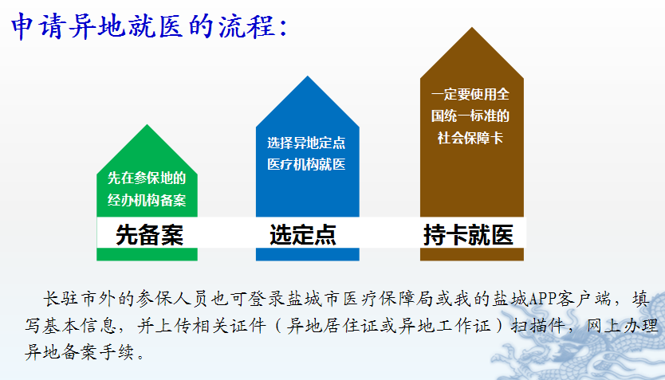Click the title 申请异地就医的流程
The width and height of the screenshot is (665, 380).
click(x=149, y=26)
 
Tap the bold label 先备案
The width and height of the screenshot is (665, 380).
click(x=149, y=234)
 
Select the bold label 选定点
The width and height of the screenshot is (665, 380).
click(x=303, y=234)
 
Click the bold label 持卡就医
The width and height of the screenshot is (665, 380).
click(x=468, y=234)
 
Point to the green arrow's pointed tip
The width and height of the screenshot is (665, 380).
click(x=148, y=124)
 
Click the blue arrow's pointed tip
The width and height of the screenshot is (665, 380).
click(x=308, y=76)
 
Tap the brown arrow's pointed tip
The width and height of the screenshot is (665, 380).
click(x=471, y=28)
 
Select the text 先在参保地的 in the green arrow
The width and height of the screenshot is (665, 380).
click(x=147, y=178)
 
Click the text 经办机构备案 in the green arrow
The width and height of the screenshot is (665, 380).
click(x=147, y=200)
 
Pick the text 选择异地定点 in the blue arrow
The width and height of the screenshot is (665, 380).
click(x=306, y=143)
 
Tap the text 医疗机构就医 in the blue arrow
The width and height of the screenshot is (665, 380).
click(x=306, y=164)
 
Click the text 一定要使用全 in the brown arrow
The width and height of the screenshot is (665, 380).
click(x=470, y=94)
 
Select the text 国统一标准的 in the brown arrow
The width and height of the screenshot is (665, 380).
click(x=470, y=116)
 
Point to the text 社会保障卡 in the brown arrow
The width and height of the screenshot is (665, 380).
click(x=470, y=138)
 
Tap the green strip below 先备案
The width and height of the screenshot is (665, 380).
click(x=148, y=254)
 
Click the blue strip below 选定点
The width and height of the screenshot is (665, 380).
click(x=308, y=254)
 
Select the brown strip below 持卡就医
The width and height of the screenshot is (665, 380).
click(x=472, y=254)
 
